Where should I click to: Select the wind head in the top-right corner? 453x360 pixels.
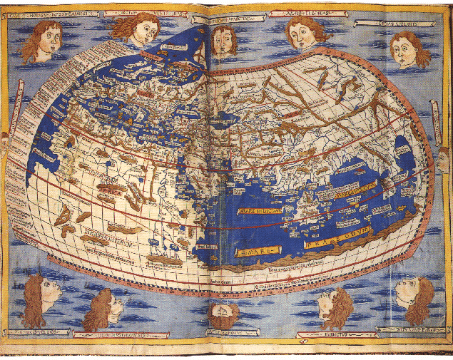[x=409, y=48]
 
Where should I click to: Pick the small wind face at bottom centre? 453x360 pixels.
[x=223, y=314]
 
